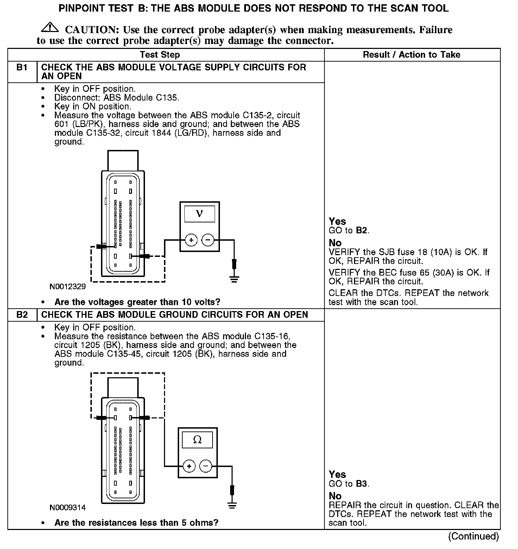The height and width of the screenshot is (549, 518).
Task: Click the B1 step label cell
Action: click(x=22, y=67)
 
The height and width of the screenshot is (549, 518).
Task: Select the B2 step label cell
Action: click(x=22, y=315)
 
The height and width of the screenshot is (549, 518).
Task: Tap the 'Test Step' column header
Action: click(x=160, y=55)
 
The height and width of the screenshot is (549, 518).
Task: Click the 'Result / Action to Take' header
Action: click(x=411, y=55)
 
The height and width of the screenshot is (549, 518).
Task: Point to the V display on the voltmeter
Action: click(x=199, y=214)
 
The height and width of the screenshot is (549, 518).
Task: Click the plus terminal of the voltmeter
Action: click(x=191, y=240)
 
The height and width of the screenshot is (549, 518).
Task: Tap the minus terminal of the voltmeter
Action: click(x=208, y=240)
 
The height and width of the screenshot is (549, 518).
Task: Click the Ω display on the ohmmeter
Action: click(x=197, y=440)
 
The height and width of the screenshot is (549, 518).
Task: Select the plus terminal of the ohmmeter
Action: click(x=189, y=466)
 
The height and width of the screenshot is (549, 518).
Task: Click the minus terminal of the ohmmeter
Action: click(x=206, y=466)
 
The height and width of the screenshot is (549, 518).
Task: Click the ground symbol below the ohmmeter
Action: click(x=232, y=506)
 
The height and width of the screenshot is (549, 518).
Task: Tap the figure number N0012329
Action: click(x=68, y=286)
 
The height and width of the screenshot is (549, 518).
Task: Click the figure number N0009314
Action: click(x=68, y=507)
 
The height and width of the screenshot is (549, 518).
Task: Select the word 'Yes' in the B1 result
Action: click(x=337, y=221)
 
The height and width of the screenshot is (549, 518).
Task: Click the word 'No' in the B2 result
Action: click(x=335, y=496)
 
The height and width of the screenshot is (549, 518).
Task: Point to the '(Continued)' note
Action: click(x=473, y=536)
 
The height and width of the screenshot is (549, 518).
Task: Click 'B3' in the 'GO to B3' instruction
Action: click(x=361, y=484)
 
